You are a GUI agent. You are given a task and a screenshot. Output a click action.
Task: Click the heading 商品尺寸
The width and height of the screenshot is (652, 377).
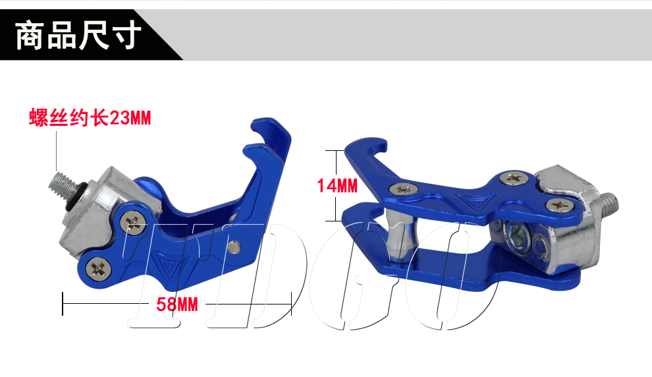pyautogui.click(x=78, y=36)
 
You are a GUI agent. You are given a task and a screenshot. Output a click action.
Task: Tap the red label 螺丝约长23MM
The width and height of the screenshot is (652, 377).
pyautogui.click(x=90, y=118)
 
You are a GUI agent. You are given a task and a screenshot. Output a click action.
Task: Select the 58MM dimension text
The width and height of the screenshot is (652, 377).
pyautogui.click(x=177, y=304)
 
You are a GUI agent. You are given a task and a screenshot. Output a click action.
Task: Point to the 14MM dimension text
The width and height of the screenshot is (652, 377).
pyautogui.click(x=337, y=186)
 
